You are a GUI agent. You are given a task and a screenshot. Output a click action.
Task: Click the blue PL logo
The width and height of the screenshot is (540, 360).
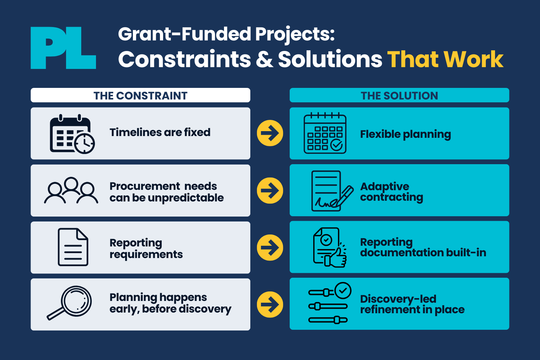coord(63,48)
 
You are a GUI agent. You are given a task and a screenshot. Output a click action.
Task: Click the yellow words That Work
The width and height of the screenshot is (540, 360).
coord(445,59)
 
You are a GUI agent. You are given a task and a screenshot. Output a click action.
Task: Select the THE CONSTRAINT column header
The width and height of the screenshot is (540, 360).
coord(140,95)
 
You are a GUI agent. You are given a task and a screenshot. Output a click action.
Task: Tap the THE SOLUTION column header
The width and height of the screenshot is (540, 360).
coord(399,95)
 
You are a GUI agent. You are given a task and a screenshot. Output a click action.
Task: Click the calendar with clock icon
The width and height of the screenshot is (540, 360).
coord(72,134)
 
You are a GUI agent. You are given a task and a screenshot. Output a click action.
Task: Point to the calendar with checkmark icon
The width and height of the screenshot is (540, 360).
coord(325,133)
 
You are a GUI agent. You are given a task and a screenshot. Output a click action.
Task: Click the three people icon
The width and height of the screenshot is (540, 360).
coord(71,190)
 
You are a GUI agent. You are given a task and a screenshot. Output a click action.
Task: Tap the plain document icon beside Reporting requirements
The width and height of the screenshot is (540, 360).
coord(73,247)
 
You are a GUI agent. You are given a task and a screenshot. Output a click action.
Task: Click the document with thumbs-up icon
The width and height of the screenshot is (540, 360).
coord(330,247)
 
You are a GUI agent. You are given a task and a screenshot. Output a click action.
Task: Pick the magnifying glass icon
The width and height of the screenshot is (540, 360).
coord(69,303)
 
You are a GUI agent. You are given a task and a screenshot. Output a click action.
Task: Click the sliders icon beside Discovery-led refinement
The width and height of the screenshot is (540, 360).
coord(330,303)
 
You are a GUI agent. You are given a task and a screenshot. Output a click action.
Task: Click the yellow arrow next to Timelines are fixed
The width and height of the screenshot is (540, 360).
coord(270,133)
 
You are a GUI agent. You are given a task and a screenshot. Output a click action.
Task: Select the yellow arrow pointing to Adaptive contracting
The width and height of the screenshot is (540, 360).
coord(270,191)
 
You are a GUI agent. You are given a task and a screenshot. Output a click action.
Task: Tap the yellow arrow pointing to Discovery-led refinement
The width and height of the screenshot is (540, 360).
coord(270,304)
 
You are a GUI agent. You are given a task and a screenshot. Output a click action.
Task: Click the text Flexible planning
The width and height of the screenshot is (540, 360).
coord(405,134)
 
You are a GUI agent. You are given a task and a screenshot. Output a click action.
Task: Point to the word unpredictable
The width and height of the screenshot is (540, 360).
coord(186,198)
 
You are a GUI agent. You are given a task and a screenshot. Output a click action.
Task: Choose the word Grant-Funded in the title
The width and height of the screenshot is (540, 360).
coord(185,34)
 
